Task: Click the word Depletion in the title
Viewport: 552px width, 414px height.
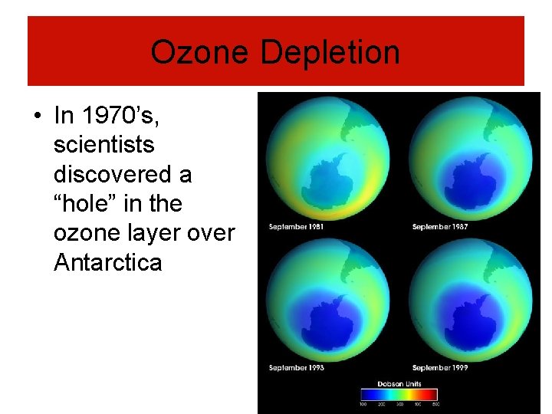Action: pyautogui.click(x=330, y=53)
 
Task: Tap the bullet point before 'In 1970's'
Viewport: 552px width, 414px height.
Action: pyautogui.click(x=37, y=117)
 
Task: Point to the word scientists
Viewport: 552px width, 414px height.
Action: pyautogui.click(x=103, y=145)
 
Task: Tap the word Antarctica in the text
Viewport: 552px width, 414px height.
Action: pyautogui.click(x=107, y=262)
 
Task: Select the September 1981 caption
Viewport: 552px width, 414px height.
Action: pyautogui.click(x=296, y=227)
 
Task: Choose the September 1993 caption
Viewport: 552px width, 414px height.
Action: pyautogui.click(x=296, y=368)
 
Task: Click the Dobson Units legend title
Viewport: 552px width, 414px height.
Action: pyautogui.click(x=399, y=384)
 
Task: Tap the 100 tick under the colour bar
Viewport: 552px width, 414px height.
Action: pyautogui.click(x=363, y=404)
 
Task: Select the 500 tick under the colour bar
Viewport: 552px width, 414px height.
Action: pyautogui.click(x=435, y=404)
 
